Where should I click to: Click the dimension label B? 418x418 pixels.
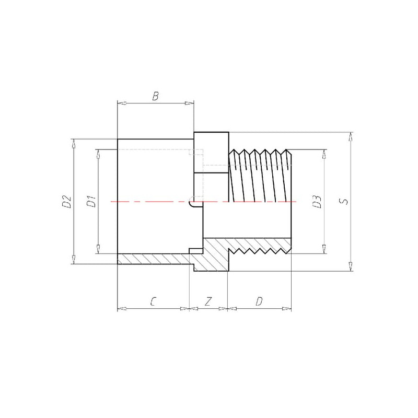[155, 96]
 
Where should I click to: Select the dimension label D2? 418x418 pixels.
[67, 202]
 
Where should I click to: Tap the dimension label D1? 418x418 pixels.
[91, 202]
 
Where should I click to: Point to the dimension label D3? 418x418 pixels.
[317, 202]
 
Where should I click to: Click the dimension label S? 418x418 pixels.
[344, 201]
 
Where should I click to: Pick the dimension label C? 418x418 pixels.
[153, 301]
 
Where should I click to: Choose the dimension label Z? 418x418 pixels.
[208, 301]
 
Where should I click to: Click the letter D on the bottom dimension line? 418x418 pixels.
[259, 301]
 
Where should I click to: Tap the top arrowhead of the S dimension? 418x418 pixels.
[351, 136]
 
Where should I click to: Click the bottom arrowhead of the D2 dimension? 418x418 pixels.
[74, 260]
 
